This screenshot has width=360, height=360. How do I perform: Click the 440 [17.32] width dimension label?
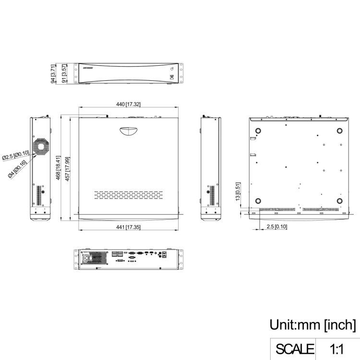129,105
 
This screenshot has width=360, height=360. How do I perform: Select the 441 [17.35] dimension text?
129,227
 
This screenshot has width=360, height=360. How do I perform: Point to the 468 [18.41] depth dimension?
58,168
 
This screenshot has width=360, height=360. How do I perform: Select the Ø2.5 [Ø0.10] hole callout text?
16,155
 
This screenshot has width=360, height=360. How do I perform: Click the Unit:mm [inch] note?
312,325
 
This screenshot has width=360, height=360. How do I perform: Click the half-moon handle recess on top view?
128,131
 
